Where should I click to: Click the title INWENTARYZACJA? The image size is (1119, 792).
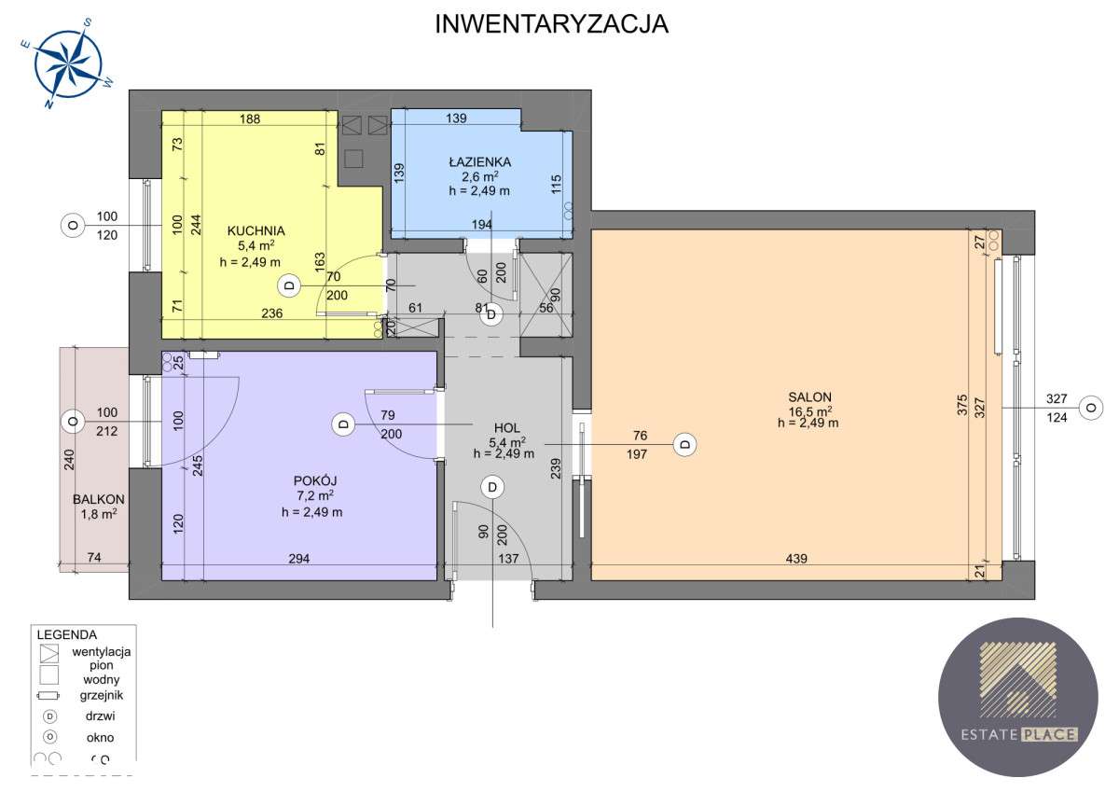pos(552,24)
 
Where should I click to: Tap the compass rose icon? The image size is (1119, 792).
pos(67,63)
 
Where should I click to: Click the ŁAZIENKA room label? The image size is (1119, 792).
pos(478,161)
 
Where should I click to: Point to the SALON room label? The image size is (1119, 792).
pos(808,396)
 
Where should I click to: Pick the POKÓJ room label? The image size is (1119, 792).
pos(307,480)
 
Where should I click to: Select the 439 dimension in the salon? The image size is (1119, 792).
pos(795,559)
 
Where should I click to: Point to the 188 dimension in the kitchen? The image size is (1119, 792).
pos(249,118)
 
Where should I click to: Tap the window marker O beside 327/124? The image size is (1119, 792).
pos(1088,407)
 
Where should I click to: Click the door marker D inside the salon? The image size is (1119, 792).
pos(685,444)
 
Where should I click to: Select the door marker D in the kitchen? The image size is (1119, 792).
pos(289,285)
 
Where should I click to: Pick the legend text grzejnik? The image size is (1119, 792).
pos(100,695)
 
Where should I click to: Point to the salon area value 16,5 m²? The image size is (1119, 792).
pos(808,410)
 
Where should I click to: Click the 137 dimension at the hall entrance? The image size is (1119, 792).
pos(508,559)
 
